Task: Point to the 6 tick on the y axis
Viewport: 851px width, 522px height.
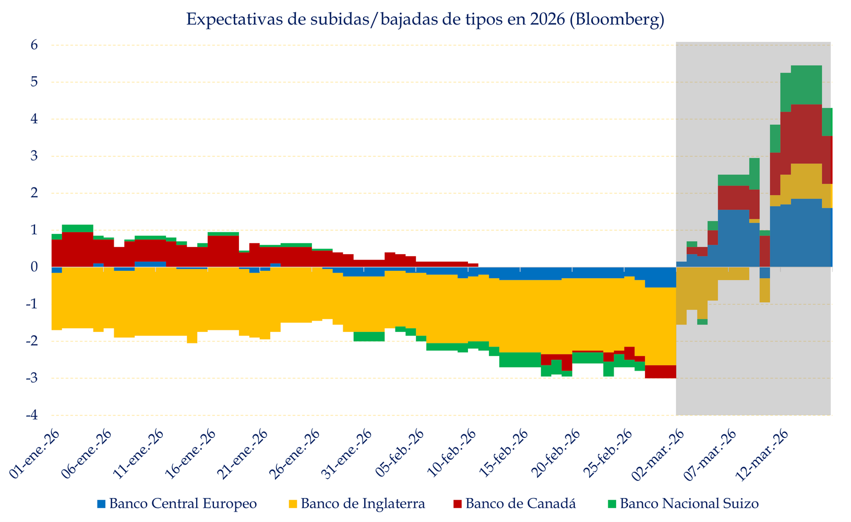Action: pos(34,45)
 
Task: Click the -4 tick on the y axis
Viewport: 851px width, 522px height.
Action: pos(32,416)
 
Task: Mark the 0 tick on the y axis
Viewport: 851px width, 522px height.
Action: pos(34,267)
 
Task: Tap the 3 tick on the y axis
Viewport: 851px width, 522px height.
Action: pos(34,156)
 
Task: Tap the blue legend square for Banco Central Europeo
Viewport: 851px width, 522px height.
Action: pos(101,504)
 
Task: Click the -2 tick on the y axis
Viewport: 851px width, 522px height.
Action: pos(32,341)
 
